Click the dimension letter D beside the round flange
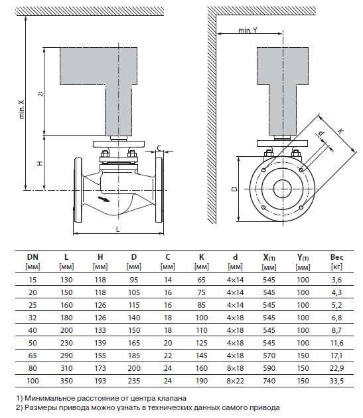[x=234, y=189]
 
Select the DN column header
[x=33, y=256]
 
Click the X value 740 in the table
[x=269, y=381]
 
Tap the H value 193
[x=100, y=381]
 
